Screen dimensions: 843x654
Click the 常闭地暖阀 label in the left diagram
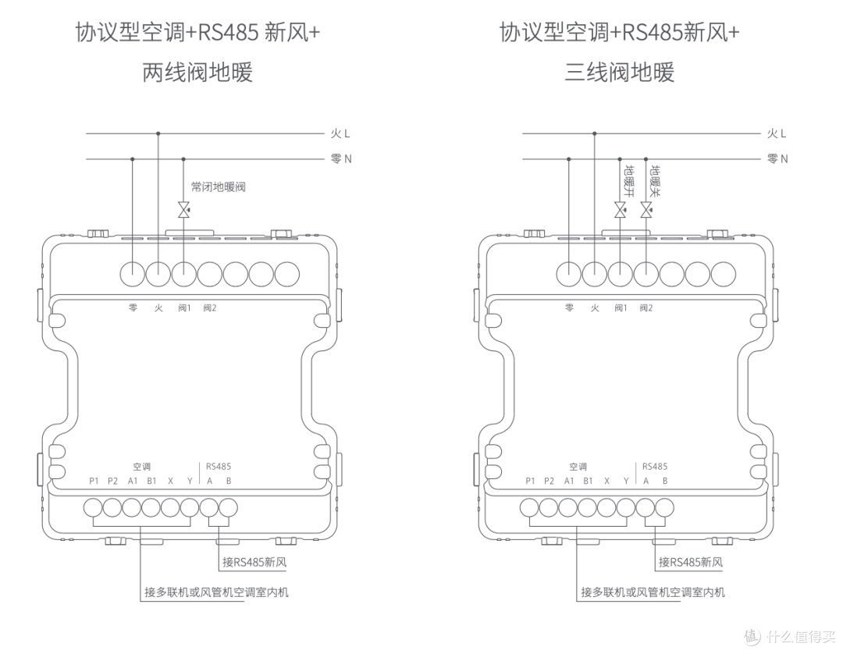click(x=219, y=187)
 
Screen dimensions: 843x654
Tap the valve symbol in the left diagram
click(x=184, y=210)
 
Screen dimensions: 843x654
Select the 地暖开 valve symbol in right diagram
click(x=621, y=210)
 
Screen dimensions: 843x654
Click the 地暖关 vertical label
click(x=656, y=181)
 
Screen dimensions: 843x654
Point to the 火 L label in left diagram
click(x=340, y=133)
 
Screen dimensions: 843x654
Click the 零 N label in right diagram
click(x=777, y=158)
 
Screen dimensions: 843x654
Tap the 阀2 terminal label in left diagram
click(x=210, y=308)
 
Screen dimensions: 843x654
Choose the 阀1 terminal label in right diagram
click(x=621, y=308)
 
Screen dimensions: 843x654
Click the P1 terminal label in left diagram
click(x=94, y=481)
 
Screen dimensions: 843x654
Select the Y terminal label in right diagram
click(x=626, y=481)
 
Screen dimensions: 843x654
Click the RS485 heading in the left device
click(x=219, y=467)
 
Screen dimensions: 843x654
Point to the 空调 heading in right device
click(x=578, y=467)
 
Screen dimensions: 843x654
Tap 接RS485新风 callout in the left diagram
click(x=254, y=562)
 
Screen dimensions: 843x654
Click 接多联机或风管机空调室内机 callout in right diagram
click(x=653, y=592)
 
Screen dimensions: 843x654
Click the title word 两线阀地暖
click(x=197, y=72)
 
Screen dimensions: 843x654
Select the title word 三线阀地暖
click(x=619, y=72)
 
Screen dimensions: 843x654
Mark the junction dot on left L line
click(x=158, y=133)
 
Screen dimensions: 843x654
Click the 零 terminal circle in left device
click(x=132, y=275)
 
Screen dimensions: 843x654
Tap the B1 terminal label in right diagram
click(x=589, y=481)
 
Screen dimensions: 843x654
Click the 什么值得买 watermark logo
click(x=789, y=636)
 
